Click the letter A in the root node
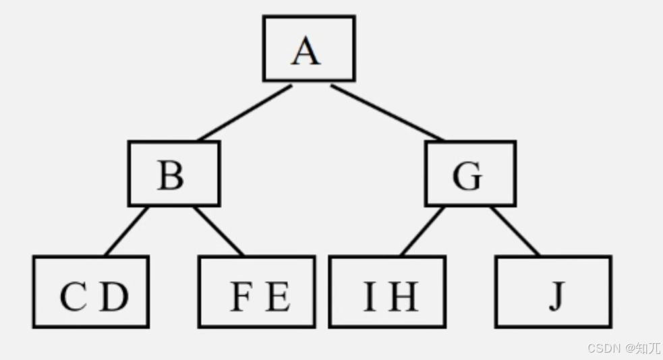click(306, 51)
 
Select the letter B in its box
click(171, 176)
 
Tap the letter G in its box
click(467, 177)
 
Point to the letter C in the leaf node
click(73, 297)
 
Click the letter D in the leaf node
click(114, 297)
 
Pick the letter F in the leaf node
click(240, 297)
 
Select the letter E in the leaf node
click(277, 297)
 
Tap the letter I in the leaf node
click(369, 297)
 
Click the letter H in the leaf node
click(403, 297)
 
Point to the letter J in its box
click(555, 297)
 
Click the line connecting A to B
click(245, 113)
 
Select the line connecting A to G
click(387, 113)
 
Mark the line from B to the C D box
click(126, 231)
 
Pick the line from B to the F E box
click(219, 231)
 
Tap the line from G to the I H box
click(422, 231)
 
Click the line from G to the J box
click(515, 231)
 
